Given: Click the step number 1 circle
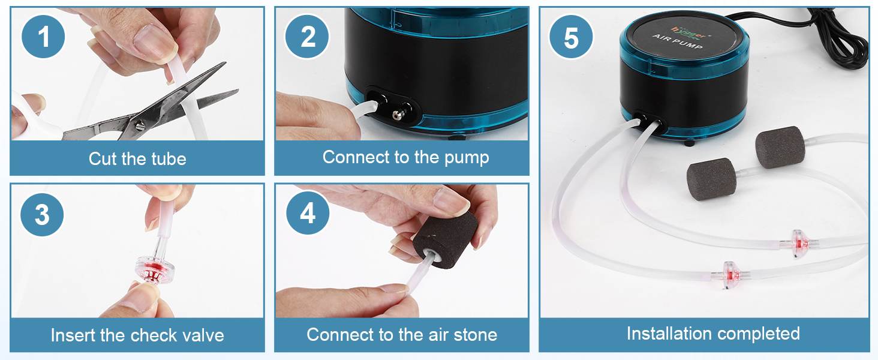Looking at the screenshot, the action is click(43, 37).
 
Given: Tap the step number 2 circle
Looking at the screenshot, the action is click(308, 37).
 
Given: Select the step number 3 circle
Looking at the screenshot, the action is click(42, 215).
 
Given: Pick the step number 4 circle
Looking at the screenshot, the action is click(308, 214).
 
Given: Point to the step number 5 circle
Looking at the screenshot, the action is click(571, 37).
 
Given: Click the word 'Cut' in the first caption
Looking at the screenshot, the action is click(103, 159).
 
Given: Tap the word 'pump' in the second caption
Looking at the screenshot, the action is click(467, 158).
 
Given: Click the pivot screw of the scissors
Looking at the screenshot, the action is click(140, 125).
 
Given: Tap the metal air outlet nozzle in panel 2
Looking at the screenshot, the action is click(399, 114).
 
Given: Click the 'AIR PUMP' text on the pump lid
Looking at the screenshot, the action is click(677, 41).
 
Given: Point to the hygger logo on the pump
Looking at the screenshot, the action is click(688, 32).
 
